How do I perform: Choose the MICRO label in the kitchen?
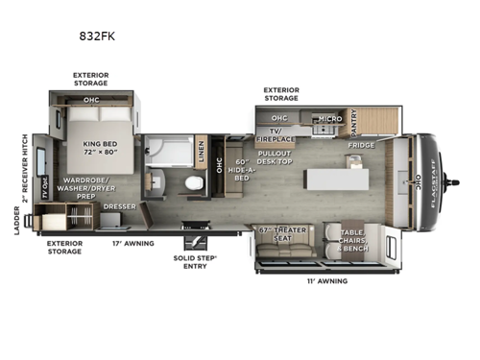tap(329, 117)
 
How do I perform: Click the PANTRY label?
tap(353, 122)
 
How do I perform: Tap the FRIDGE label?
tap(362, 146)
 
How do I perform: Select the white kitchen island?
tap(336, 180)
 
